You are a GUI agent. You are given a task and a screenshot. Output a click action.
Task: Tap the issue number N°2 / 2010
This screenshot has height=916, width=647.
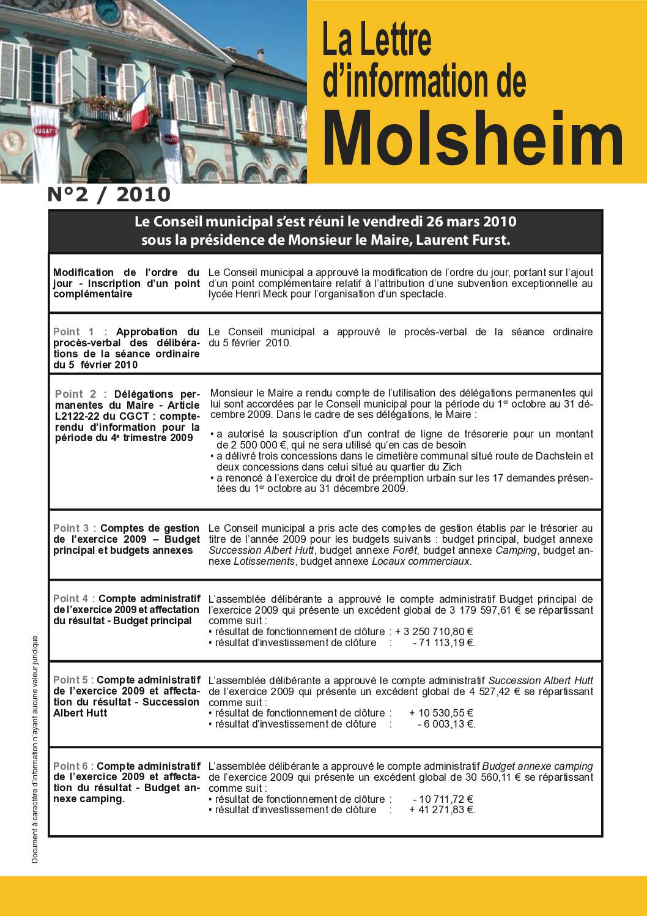109,195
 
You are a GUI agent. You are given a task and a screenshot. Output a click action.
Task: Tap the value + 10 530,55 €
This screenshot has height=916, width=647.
442,713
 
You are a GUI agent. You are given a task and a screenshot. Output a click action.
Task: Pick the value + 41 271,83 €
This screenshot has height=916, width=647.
442,810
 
